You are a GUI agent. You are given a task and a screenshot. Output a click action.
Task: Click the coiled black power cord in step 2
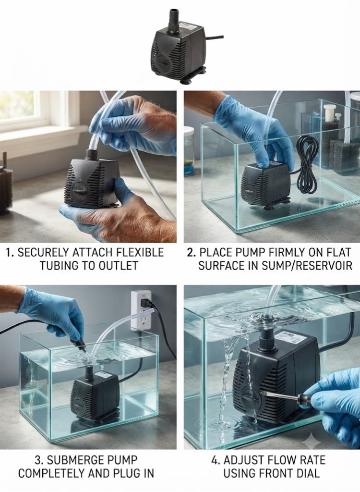coord(306,165)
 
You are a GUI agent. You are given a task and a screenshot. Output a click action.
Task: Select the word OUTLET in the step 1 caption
coord(118,265)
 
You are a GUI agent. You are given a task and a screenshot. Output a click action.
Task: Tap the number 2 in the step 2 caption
coord(190,253)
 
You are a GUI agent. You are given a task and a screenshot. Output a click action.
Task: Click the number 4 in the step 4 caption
coord(215,460)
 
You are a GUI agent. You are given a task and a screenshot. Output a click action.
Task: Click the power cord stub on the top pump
coord(215,37)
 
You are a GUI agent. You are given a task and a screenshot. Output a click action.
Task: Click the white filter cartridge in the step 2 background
coord(329,113)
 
